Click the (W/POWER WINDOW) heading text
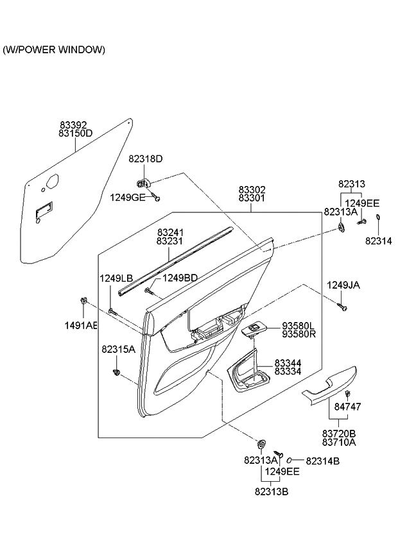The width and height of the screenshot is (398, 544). tap(54, 49)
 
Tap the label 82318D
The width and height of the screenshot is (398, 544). tap(146, 158)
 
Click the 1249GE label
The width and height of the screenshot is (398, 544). tap(127, 197)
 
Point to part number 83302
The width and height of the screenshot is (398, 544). tap(252, 190)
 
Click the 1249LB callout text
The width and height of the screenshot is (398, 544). tap(116, 278)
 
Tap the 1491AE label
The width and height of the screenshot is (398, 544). tap(80, 326)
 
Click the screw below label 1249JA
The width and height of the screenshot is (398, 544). tap(343, 309)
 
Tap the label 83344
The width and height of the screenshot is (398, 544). tap(288, 362)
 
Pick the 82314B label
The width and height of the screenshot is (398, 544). tap(323, 460)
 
